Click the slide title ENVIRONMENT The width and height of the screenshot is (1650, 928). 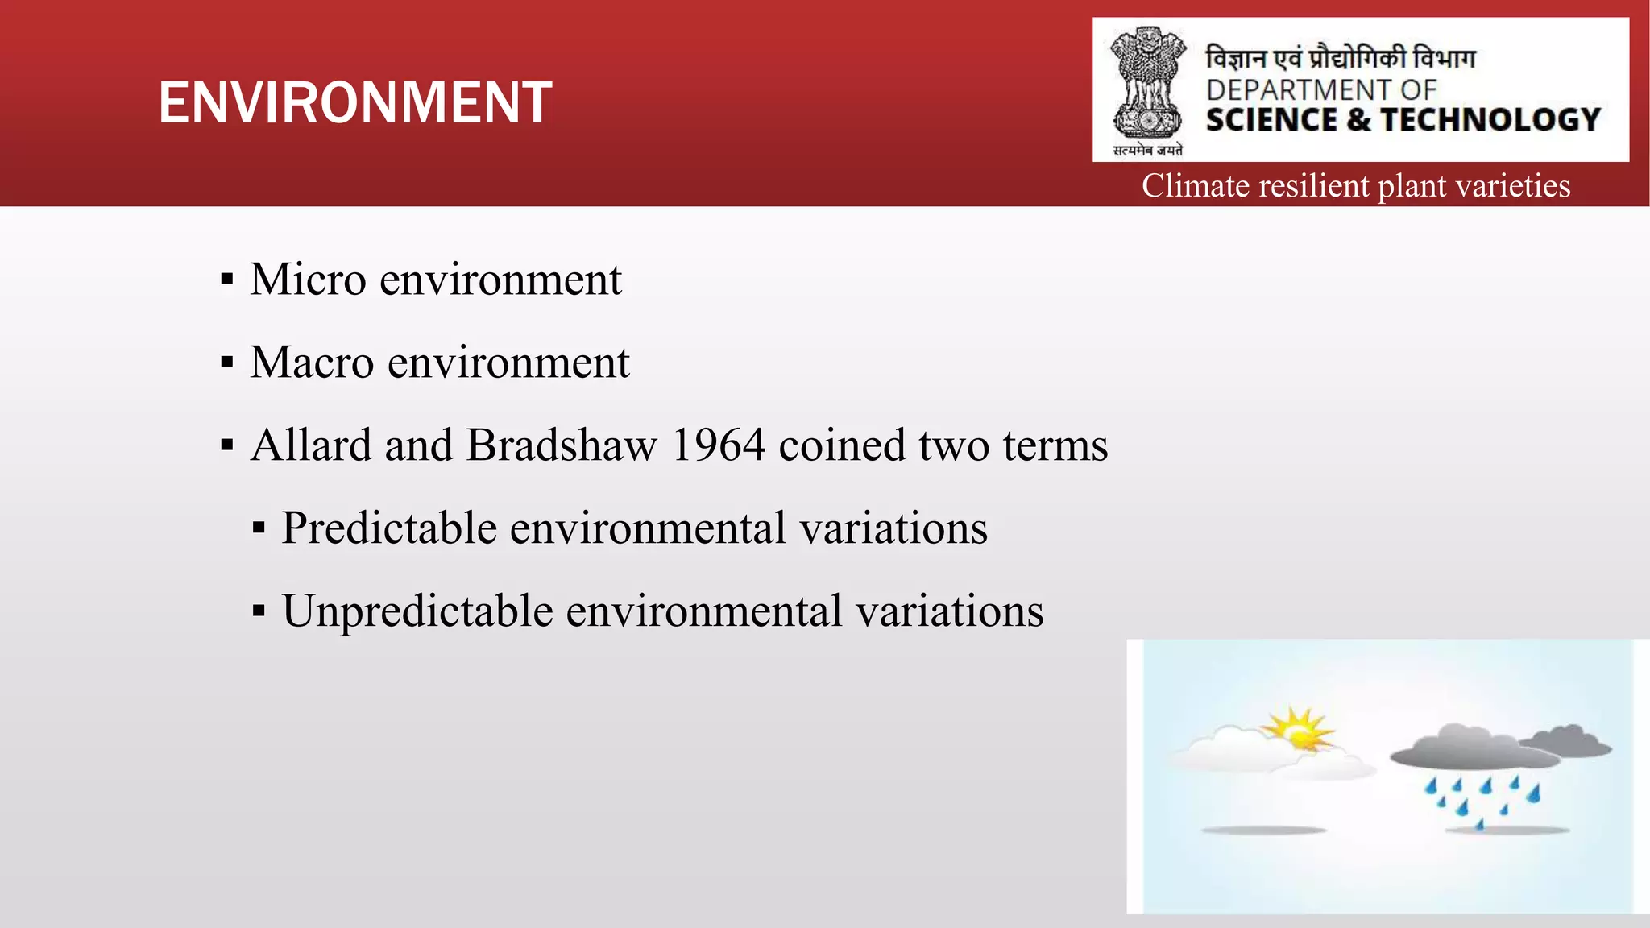tap(355, 103)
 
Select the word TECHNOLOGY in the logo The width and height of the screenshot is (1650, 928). tap(1490, 120)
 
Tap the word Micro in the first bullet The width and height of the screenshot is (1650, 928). tap(308, 280)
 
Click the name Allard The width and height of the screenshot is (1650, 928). tap(311, 445)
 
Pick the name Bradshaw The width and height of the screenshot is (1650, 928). tap(562, 445)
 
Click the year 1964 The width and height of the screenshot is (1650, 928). tap(718, 445)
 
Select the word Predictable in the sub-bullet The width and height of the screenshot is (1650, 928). tap(389, 528)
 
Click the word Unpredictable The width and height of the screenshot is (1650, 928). tap(417, 611)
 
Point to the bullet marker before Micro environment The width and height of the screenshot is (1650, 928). tap(227, 280)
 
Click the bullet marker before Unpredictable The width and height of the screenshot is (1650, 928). tap(259, 611)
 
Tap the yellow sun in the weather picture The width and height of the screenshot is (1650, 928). tap(1296, 729)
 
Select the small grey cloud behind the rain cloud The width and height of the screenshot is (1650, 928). tap(1569, 739)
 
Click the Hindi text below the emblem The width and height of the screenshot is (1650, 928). tap(1147, 150)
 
